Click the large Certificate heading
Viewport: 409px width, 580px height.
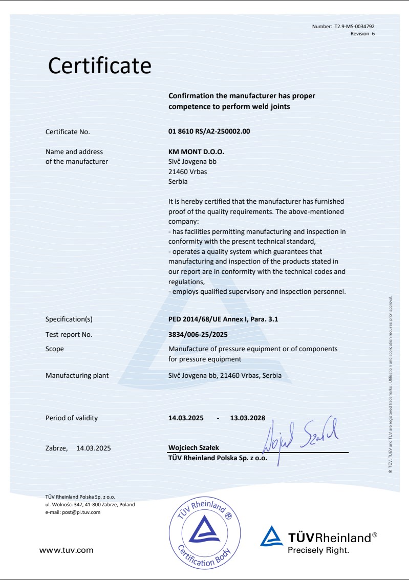point(100,66)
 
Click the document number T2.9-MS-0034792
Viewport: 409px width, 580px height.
point(358,27)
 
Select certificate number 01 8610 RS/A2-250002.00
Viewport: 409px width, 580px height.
point(209,132)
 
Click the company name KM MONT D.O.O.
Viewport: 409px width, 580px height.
point(196,152)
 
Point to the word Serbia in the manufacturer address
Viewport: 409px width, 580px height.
point(178,181)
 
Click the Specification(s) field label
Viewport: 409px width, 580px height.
point(69,319)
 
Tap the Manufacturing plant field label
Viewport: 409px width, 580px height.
point(77,376)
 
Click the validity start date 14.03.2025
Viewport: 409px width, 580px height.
point(186,418)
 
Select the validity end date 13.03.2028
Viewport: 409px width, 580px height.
point(248,418)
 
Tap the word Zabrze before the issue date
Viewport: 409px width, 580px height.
point(57,448)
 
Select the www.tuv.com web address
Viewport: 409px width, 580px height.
point(67,550)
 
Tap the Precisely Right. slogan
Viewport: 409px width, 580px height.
point(318,551)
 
